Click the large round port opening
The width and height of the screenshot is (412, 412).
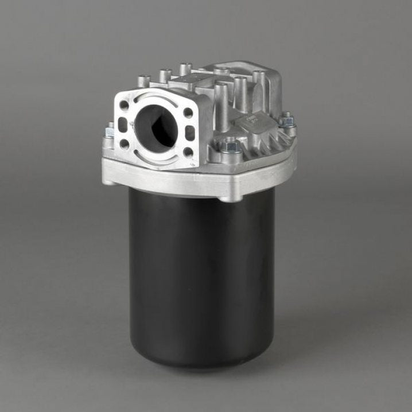coord(156,125)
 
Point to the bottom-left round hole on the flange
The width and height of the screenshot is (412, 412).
coord(123,144)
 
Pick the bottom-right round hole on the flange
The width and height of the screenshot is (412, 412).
coord(188,152)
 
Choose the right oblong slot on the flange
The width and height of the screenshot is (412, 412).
coord(190,133)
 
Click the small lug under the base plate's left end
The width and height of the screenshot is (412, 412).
coord(108,182)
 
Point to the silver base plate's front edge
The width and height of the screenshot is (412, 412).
coord(172,182)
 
